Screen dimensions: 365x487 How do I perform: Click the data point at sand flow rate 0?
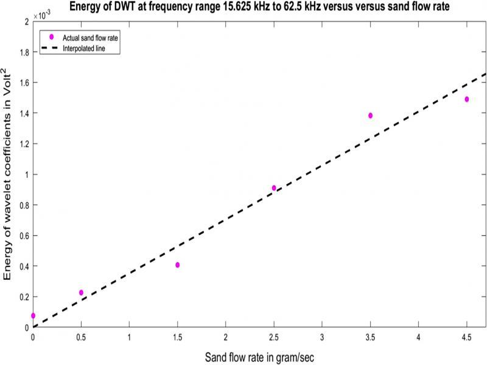tap(33, 316)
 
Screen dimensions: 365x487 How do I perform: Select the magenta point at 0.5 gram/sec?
tap(81, 293)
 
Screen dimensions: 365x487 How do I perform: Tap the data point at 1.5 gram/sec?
tap(177, 265)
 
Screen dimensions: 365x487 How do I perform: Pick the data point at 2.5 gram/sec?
tap(274, 188)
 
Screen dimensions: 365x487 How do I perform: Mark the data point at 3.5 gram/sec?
tap(370, 116)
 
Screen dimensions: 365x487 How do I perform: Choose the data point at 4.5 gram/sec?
tap(467, 99)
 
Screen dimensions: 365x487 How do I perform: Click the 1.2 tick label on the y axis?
tap(23, 144)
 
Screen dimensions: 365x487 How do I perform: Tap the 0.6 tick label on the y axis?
tap(23, 235)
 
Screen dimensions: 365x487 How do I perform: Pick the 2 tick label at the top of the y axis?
tap(26, 21)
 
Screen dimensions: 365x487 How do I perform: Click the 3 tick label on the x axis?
tap(322, 336)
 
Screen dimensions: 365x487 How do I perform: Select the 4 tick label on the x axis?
tap(419, 336)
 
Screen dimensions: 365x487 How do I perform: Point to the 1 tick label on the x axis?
tap(129, 336)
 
